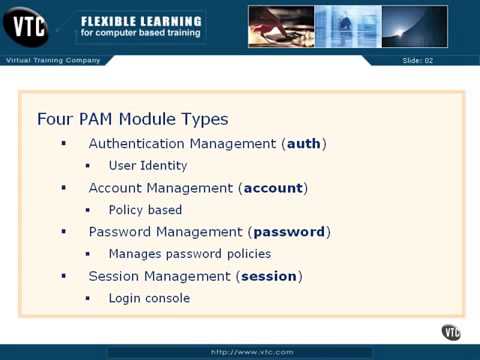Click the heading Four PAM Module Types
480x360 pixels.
(x=132, y=116)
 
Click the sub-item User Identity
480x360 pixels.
(x=148, y=166)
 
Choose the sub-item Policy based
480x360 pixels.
(x=145, y=210)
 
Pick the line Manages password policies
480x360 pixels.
(x=189, y=254)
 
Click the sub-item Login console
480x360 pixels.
(x=149, y=298)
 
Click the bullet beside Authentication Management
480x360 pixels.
(x=64, y=144)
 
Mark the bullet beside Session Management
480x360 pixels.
(x=64, y=276)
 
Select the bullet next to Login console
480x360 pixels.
(x=87, y=298)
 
